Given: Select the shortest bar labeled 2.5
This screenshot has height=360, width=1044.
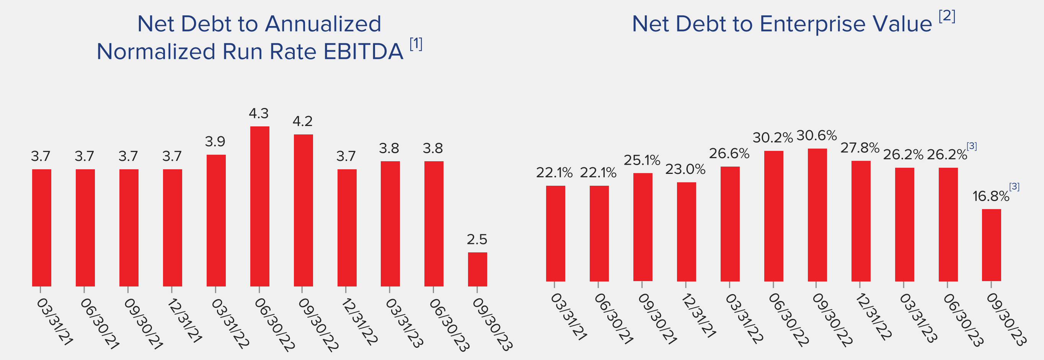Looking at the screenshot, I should coord(478,269).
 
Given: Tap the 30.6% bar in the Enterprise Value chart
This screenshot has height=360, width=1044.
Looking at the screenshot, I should coord(817,215).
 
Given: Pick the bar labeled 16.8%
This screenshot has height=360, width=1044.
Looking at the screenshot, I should coord(991,245).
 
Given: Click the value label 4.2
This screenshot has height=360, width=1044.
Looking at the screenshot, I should coord(302,121).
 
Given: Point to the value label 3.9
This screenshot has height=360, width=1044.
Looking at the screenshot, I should coord(215,141).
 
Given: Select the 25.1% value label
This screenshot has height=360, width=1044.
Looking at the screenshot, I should coord(642,160).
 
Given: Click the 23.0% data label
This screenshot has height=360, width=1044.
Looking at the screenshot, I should coord(685,169).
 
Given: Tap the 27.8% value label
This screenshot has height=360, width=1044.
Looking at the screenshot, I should coord(860,148).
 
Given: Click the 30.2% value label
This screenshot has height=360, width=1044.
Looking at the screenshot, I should coord(772,138).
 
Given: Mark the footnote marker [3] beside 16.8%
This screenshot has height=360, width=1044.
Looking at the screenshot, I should coord(1014,187).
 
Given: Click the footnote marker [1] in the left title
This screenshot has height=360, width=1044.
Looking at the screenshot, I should coord(416,44).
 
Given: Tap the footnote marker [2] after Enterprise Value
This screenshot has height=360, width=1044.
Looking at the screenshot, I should coord(947,16).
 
